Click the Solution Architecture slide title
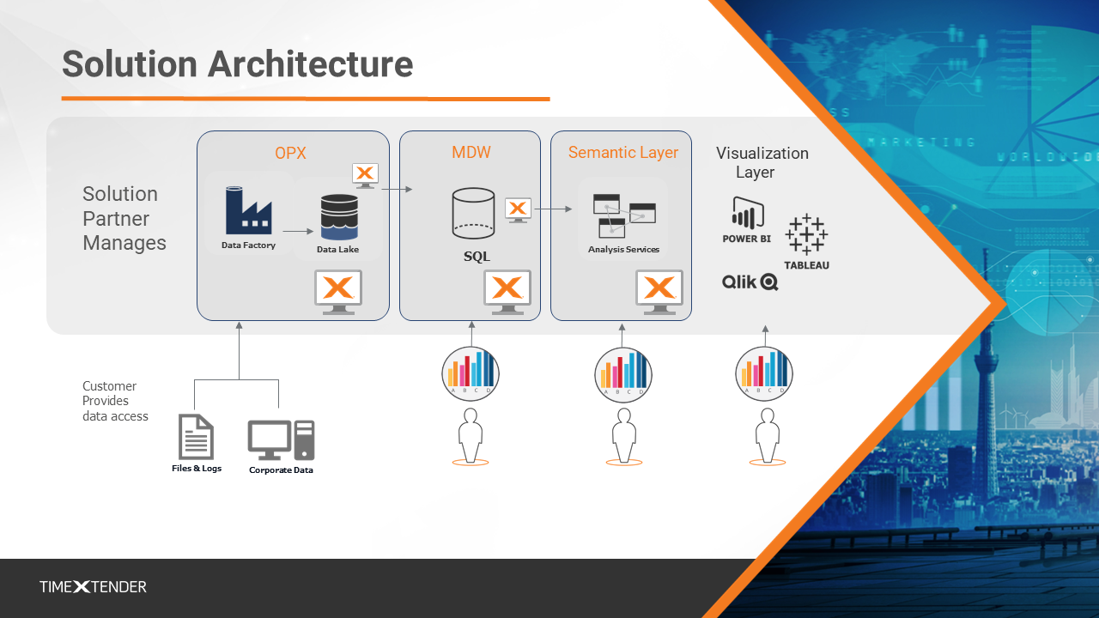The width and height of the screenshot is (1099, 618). click(237, 64)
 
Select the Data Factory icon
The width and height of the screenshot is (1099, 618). click(248, 211)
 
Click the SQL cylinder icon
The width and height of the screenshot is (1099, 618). click(473, 213)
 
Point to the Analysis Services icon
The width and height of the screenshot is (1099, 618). click(624, 215)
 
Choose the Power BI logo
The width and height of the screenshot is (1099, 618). click(747, 221)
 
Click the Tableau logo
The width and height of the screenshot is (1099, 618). click(806, 241)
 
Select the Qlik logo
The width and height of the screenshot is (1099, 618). click(750, 282)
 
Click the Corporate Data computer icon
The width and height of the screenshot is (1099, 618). click(281, 439)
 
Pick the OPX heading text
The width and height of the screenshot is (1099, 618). click(290, 154)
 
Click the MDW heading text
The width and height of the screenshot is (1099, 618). click(470, 153)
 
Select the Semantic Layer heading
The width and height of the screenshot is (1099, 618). click(622, 153)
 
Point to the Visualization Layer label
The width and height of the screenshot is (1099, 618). click(762, 162)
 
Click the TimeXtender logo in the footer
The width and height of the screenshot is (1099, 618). click(93, 587)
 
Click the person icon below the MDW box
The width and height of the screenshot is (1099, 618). click(470, 436)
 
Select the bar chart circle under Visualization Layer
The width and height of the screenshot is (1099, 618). click(764, 373)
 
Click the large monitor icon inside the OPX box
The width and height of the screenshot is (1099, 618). click(338, 291)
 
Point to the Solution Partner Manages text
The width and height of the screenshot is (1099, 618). click(124, 219)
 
